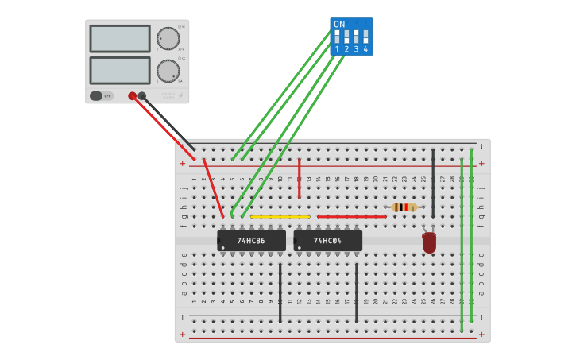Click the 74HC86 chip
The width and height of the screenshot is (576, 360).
(x=252, y=240)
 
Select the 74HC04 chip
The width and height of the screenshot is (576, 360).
(x=328, y=240)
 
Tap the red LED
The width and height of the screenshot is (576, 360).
(x=429, y=242)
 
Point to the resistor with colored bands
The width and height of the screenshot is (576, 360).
(x=404, y=207)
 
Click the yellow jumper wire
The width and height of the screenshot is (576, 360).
(x=280, y=216)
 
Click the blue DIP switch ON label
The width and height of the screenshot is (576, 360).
(x=339, y=25)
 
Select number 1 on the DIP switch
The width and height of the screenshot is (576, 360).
(x=337, y=49)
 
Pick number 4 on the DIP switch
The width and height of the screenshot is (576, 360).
(x=365, y=49)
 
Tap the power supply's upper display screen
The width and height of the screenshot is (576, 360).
(x=120, y=38)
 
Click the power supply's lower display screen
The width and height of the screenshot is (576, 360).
(x=120, y=70)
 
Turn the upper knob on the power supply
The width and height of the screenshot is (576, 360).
(x=168, y=38)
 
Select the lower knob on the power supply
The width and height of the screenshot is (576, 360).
(x=168, y=70)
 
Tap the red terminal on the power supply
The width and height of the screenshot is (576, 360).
(x=132, y=95)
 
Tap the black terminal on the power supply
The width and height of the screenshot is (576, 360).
(x=142, y=95)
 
